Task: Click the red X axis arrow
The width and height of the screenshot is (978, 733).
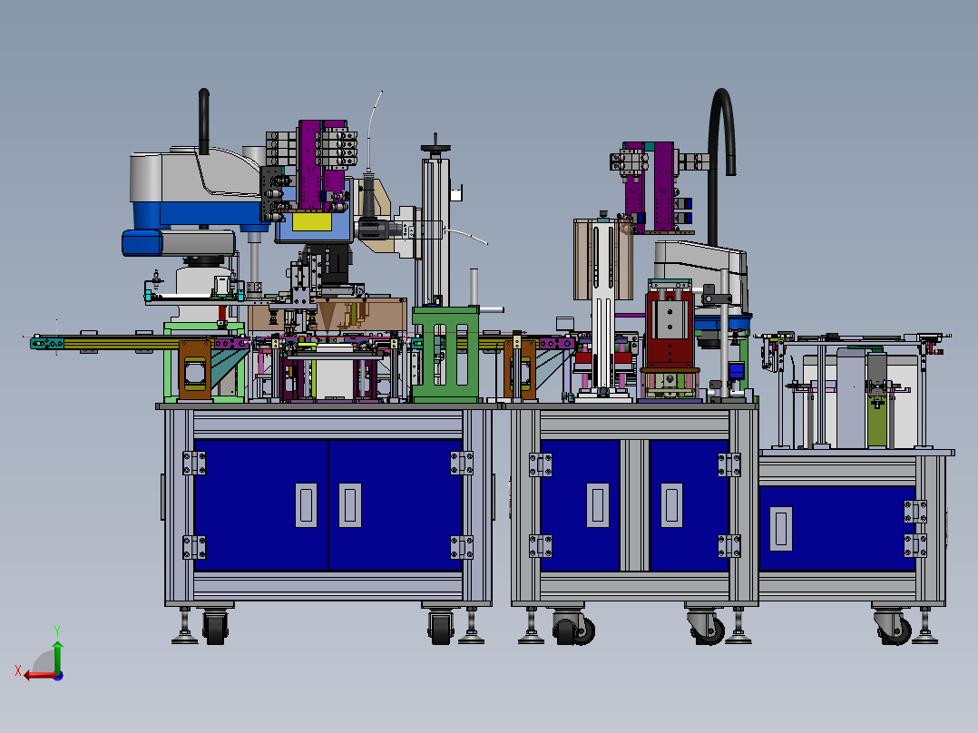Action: click(x=37, y=676)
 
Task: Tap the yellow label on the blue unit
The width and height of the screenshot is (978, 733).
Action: click(x=312, y=221)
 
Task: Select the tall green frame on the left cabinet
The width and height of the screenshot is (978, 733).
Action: click(x=445, y=355)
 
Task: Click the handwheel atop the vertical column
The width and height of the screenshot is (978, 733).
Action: click(x=435, y=147)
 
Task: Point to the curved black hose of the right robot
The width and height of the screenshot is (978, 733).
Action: click(x=720, y=156)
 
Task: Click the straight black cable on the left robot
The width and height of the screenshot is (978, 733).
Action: click(x=204, y=121)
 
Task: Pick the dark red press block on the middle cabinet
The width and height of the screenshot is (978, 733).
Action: click(x=670, y=328)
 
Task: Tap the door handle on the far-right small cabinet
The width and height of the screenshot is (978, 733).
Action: click(x=781, y=529)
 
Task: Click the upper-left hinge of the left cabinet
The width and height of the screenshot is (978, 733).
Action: click(x=194, y=463)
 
